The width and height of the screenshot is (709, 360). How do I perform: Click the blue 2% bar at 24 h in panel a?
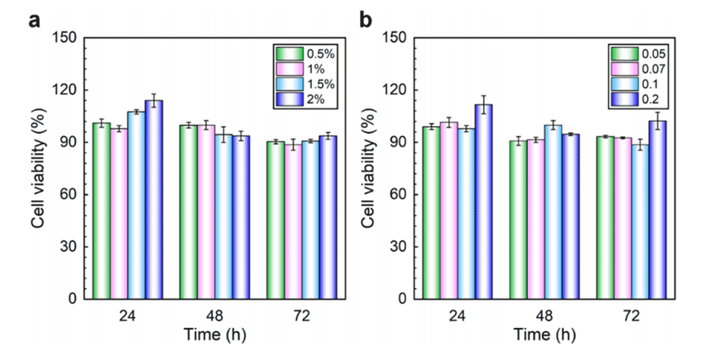(x=154, y=200)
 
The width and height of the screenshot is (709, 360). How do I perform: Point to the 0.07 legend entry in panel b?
(x=631, y=69)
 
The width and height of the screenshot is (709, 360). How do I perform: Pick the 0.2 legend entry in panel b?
(x=631, y=99)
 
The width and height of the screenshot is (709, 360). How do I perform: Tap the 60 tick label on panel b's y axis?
(x=400, y=195)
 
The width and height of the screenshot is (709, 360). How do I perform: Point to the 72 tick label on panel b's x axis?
(x=630, y=315)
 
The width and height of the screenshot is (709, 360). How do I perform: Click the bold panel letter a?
(x=33, y=20)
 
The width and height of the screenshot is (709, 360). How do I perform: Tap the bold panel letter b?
(x=366, y=20)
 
